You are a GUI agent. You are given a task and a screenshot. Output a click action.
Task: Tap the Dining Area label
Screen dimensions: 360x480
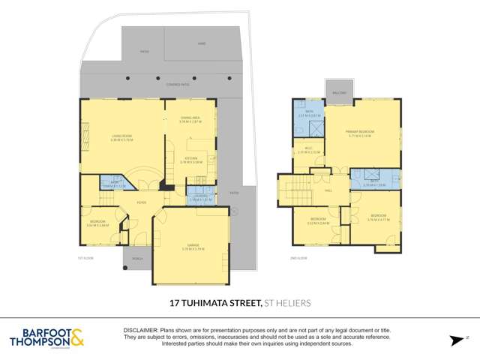[x=189, y=118]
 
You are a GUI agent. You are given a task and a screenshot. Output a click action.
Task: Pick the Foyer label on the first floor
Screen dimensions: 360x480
[x=140, y=202]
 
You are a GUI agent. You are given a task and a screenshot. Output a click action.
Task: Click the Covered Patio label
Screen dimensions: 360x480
[x=158, y=83]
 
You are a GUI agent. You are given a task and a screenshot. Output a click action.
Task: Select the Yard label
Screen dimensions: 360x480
[x=201, y=44]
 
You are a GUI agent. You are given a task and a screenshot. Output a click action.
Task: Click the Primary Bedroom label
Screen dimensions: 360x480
[x=360, y=133]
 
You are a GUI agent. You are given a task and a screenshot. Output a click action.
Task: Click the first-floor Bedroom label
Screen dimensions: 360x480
[x=97, y=223]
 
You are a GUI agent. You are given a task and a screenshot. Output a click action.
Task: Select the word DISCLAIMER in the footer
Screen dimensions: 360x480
[x=139, y=330]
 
